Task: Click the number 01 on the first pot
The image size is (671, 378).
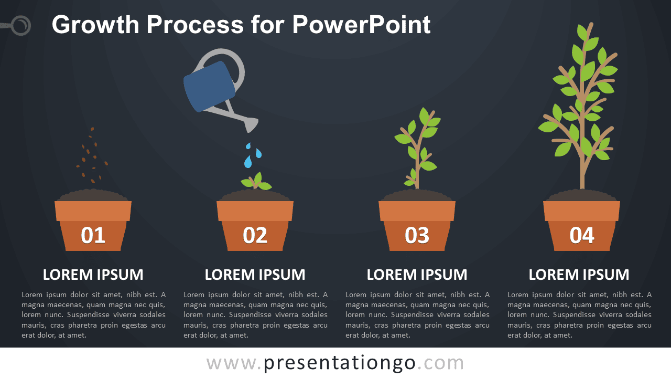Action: pyautogui.click(x=93, y=235)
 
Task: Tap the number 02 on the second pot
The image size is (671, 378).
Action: pyautogui.click(x=255, y=235)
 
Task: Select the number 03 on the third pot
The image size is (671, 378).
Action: pyautogui.click(x=417, y=235)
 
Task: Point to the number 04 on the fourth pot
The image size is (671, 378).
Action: pyautogui.click(x=582, y=235)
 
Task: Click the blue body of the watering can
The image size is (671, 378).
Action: pyautogui.click(x=209, y=87)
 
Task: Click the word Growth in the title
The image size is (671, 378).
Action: pyautogui.click(x=95, y=25)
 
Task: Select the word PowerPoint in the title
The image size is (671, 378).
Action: pyautogui.click(x=361, y=25)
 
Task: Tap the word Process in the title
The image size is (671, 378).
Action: pyautogui.click(x=195, y=25)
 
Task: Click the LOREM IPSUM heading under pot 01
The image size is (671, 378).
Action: pyautogui.click(x=93, y=275)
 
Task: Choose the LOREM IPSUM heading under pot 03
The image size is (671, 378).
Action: pyautogui.click(x=417, y=275)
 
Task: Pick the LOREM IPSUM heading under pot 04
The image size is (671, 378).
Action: pyautogui.click(x=579, y=275)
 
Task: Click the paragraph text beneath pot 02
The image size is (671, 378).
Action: pyautogui.click(x=255, y=314)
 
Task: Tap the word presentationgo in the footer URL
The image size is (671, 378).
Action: pyautogui.click(x=340, y=363)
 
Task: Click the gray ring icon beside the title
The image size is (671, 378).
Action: pyautogui.click(x=21, y=25)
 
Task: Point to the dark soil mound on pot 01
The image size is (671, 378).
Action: pyautogui.click(x=93, y=195)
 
